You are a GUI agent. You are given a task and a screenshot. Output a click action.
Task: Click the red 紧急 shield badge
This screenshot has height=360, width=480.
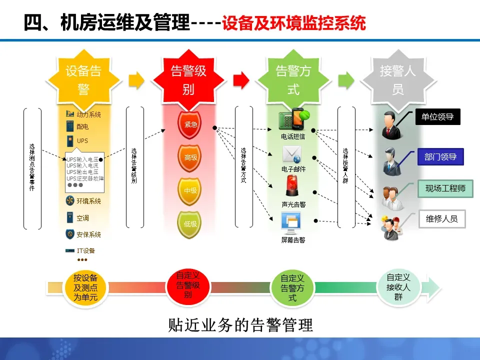[x=190, y=124]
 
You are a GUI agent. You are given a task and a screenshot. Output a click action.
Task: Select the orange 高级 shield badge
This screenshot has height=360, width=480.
[x=190, y=157]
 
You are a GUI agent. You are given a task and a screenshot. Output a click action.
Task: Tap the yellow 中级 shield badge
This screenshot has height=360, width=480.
[x=190, y=190]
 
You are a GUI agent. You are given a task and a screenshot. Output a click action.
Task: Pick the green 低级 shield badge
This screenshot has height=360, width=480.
[x=190, y=223]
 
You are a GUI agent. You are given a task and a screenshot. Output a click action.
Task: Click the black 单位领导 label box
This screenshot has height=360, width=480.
[x=437, y=117]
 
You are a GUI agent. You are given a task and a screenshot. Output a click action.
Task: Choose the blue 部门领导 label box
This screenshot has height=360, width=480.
[x=440, y=156]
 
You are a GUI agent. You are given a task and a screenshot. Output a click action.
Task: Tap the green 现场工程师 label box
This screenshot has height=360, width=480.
[x=445, y=188]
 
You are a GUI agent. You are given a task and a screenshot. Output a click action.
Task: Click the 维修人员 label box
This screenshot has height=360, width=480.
[x=441, y=218]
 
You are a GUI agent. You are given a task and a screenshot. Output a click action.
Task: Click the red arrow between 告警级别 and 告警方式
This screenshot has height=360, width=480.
[x=240, y=79]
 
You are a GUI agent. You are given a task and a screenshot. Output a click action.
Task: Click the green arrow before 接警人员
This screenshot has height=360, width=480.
[x=345, y=79]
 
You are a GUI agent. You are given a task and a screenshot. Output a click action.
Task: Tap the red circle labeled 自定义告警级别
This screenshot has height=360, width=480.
[x=187, y=285]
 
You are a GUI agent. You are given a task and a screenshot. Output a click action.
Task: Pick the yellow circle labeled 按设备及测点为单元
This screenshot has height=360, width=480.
[x=85, y=287]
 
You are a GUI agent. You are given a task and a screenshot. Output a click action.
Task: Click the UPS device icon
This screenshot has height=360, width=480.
[x=69, y=141]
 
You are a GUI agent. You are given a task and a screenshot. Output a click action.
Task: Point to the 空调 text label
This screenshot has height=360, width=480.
[x=82, y=218]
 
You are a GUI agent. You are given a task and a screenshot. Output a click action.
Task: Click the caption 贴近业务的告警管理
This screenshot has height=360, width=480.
[x=241, y=325]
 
